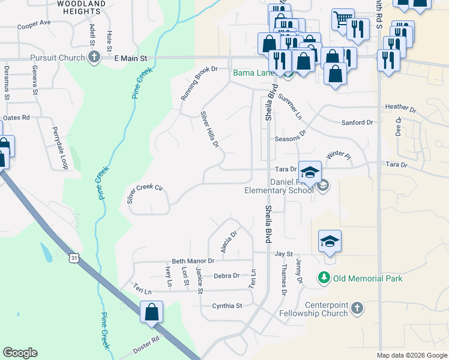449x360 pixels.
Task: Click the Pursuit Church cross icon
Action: point(94,58)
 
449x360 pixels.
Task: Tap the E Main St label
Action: point(130,58)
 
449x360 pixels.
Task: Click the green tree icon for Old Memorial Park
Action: point(324,278)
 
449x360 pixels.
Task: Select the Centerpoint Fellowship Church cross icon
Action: point(357,308)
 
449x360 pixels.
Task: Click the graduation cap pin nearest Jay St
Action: point(330,241)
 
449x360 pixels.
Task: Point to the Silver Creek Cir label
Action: point(145,194)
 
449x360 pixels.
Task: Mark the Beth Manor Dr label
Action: point(193,261)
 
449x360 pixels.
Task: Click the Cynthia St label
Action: point(227,305)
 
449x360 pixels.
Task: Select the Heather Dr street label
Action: point(400,107)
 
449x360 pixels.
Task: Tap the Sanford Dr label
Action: point(357,122)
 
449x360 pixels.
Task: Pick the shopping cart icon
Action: point(342,19)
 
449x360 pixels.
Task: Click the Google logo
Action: point(20,353)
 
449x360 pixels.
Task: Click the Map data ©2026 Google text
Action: point(411,355)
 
